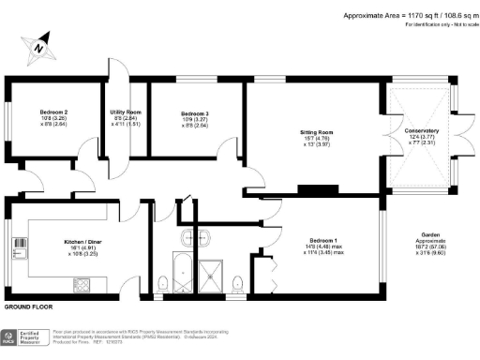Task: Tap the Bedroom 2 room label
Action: coord(53,112)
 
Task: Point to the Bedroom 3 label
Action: coord(195,114)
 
